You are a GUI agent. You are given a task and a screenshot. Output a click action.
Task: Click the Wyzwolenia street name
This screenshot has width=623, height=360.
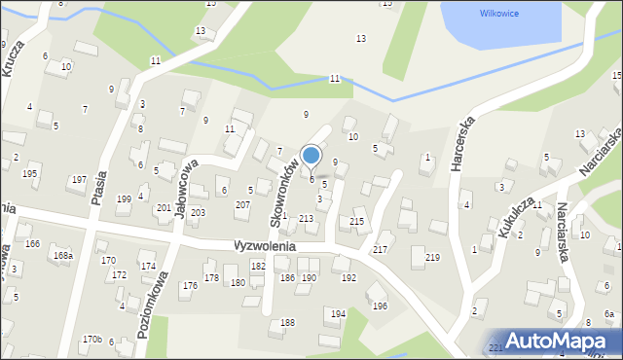(263, 247)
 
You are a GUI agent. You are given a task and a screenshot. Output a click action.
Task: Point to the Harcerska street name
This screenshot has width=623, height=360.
(461, 145)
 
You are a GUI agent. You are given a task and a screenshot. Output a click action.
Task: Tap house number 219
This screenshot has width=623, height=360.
(432, 257)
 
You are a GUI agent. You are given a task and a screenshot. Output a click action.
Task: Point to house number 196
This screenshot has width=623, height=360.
(379, 306)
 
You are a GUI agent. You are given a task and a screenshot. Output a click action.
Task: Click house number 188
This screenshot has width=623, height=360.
(287, 322)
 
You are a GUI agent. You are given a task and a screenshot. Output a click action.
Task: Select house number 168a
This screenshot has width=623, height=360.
(63, 256)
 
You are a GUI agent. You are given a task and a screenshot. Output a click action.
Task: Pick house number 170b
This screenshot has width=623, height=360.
(92, 339)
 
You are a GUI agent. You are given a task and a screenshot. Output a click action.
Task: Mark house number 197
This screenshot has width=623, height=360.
(79, 180)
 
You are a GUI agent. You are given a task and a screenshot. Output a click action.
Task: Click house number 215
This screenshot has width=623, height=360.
(357, 223)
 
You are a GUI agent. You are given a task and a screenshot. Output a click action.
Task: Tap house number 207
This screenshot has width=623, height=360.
(242, 204)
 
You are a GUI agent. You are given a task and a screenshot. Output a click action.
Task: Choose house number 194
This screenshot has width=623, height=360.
(338, 313)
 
